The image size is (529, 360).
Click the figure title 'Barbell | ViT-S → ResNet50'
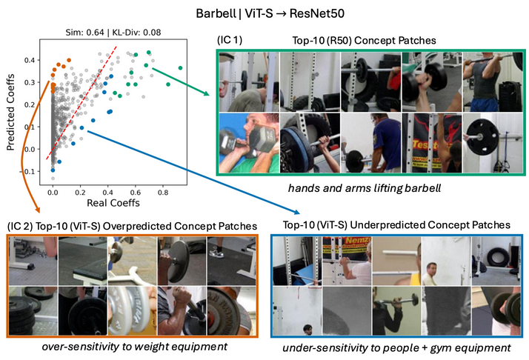click(x=264, y=13)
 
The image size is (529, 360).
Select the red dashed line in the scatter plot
click(x=81, y=104)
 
